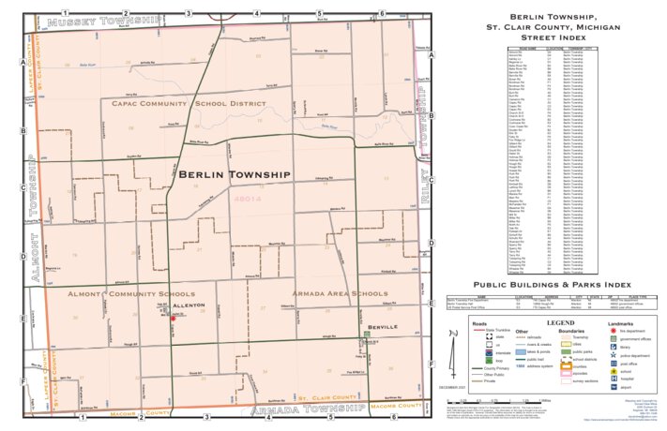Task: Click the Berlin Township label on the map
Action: (234, 174)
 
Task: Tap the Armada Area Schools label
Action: (339, 293)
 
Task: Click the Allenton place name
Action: (189, 305)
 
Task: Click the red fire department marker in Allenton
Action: (173, 318)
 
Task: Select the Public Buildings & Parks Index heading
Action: (552, 284)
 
